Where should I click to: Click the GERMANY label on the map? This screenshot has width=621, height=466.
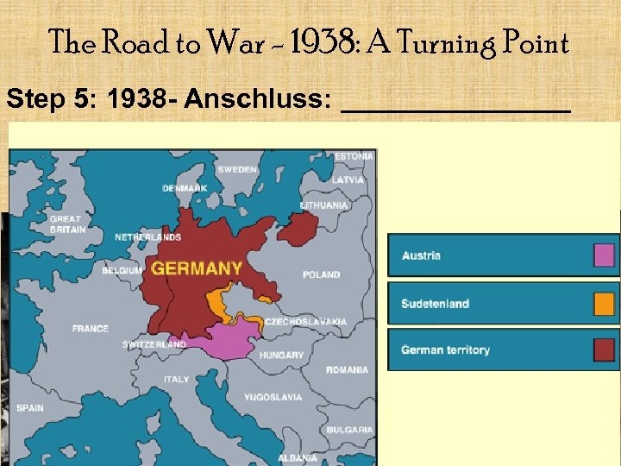[x=198, y=268]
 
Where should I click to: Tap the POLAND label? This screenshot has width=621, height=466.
[x=321, y=275]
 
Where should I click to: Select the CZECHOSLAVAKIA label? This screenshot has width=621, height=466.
[x=305, y=322]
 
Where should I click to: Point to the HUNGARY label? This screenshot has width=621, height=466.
[x=281, y=355]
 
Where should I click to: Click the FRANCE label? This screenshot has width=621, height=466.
[x=91, y=329]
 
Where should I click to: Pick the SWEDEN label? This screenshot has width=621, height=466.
[x=237, y=170]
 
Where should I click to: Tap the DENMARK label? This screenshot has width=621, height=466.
[x=185, y=188]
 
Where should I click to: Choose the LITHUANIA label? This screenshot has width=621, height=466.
[x=324, y=205]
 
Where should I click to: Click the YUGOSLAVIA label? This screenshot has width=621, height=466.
[x=273, y=398]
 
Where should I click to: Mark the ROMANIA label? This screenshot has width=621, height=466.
[x=347, y=370]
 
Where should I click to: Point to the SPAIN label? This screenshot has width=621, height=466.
[x=29, y=408]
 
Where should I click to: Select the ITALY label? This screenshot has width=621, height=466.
[x=176, y=380]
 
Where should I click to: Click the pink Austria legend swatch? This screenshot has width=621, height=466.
[x=604, y=255]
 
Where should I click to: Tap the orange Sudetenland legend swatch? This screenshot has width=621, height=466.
[x=604, y=304]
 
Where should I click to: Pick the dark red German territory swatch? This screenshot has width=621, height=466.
[x=604, y=350]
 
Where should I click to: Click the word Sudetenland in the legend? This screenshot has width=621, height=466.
[x=435, y=304]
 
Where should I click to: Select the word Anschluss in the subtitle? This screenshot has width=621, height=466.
[x=258, y=100]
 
